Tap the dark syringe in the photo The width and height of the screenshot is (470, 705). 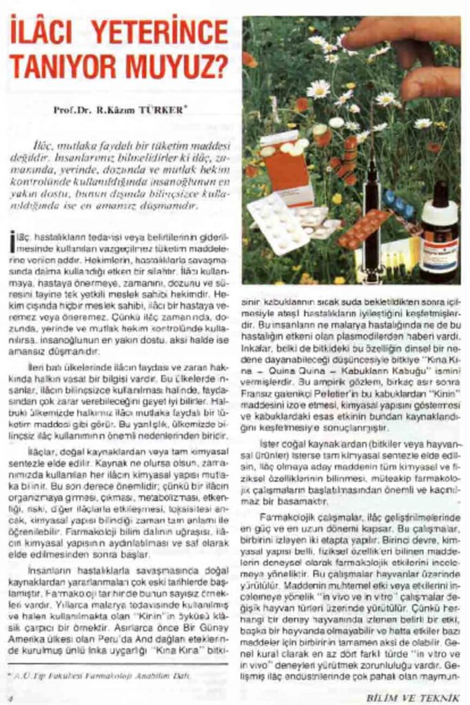tap(372, 207)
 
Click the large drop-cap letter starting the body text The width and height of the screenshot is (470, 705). tap(13, 242)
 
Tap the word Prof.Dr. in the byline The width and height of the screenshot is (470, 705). tap(71, 109)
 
